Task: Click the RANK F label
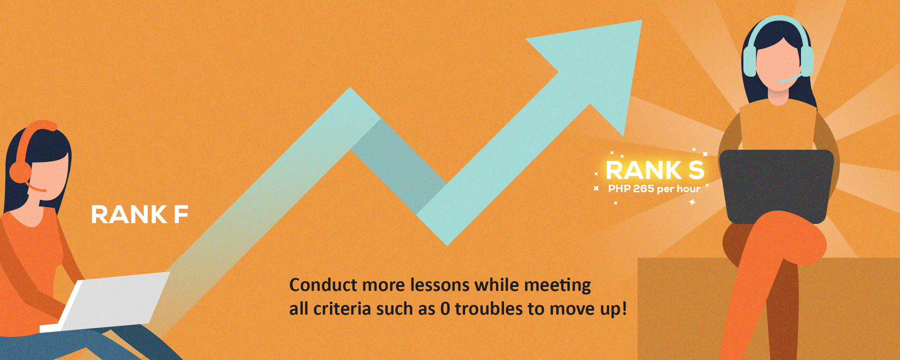140,215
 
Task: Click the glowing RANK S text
655,170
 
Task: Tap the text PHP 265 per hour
654,189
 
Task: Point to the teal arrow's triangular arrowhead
594,68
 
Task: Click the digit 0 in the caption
445,309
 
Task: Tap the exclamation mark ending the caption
624,309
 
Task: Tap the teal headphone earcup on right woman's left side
750,61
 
